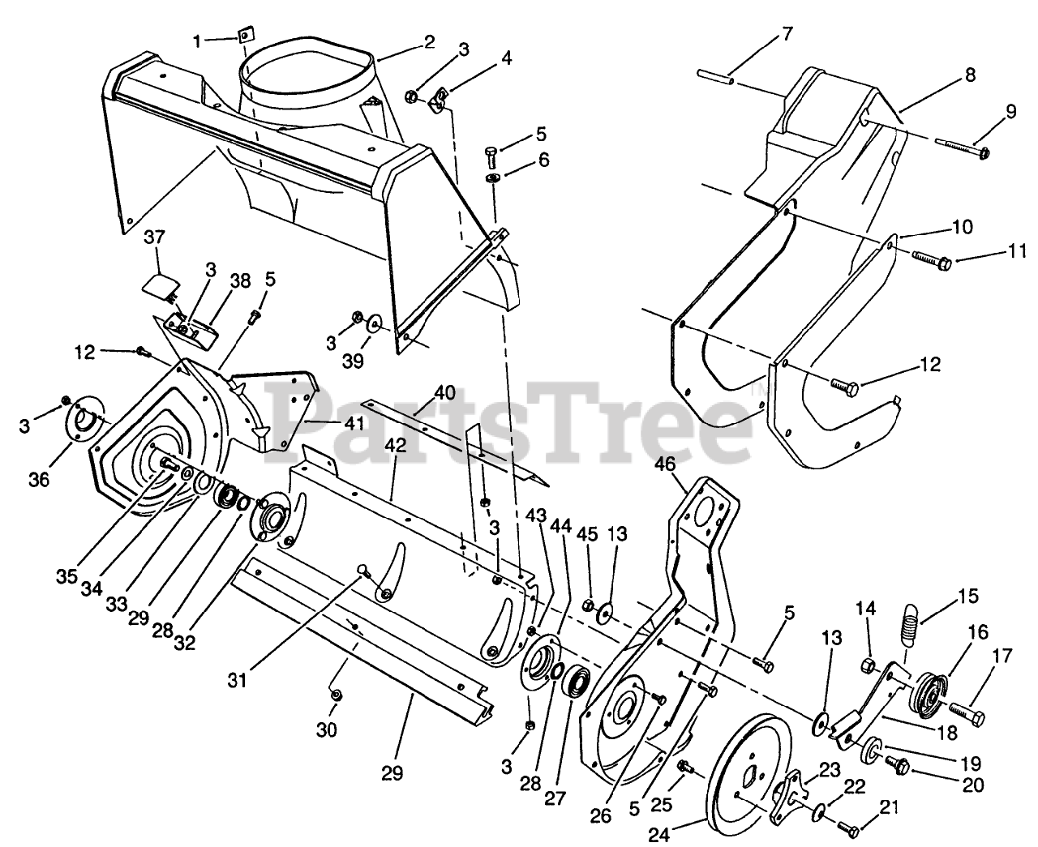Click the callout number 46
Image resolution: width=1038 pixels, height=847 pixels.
pos(666,464)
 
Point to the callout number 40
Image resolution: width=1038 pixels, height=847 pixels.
pos(444,391)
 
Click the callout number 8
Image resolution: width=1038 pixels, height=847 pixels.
pos(969,79)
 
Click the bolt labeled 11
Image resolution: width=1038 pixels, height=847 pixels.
pos(932,263)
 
